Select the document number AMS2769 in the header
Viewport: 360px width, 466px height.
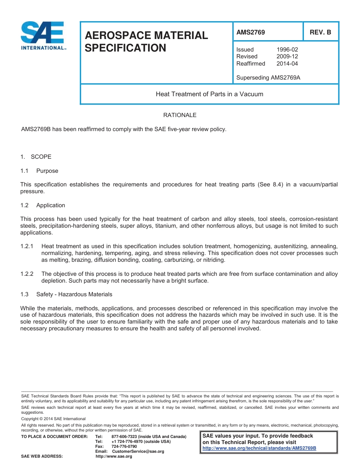(x=250, y=33)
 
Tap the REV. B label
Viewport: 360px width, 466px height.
(x=320, y=33)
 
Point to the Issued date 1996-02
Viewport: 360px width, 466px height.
(x=287, y=50)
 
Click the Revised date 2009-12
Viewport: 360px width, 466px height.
(x=287, y=56)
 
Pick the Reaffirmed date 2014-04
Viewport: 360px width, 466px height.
(x=287, y=64)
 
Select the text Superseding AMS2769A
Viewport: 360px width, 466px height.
(x=268, y=78)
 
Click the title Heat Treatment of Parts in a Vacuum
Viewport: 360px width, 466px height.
(x=209, y=94)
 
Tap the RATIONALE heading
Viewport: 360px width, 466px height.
(x=180, y=115)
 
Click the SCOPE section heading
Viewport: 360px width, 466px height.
(x=41, y=157)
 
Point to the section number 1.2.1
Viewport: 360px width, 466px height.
(x=27, y=246)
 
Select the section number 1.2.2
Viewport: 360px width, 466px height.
(x=27, y=274)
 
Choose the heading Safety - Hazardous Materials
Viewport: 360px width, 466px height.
(x=74, y=294)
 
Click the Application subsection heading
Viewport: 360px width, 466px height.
(x=51, y=205)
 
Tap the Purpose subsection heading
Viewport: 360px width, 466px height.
(x=47, y=171)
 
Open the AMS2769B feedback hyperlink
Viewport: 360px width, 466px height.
(x=259, y=448)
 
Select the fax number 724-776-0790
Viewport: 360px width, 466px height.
(x=124, y=447)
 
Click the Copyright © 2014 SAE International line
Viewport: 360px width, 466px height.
(x=53, y=419)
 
